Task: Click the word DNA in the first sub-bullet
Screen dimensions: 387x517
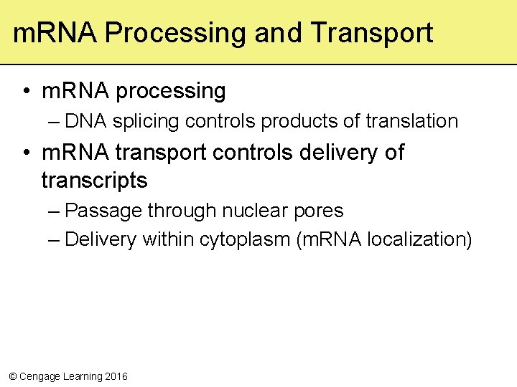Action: [84, 121]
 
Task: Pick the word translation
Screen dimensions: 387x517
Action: [411, 121]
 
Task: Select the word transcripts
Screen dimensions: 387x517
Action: [94, 181]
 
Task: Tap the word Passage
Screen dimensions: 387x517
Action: [103, 211]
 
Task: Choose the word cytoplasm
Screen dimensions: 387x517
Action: [244, 240]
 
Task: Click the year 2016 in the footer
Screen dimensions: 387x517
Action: [116, 376]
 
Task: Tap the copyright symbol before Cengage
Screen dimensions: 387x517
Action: [11, 376]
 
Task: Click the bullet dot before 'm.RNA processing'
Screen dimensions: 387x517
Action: [25, 92]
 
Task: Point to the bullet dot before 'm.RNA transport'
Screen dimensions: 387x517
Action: [25, 153]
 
